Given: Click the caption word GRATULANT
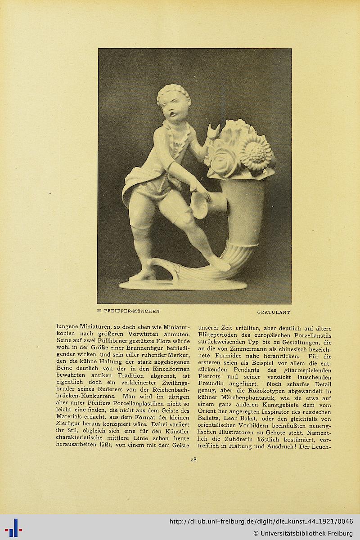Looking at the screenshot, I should [273, 312].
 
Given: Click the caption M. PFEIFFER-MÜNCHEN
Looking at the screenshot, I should [128, 311].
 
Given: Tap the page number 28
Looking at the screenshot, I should [193, 460].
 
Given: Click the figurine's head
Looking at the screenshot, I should [174, 105].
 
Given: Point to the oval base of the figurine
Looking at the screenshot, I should [182, 285].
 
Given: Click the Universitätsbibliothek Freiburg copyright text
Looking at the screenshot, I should [303, 534].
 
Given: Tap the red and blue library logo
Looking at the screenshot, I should [13, 527].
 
